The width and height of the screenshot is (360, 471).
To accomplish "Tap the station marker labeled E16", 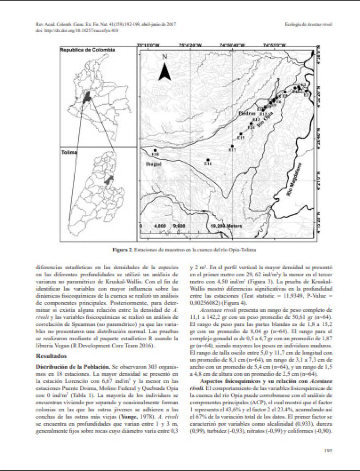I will coord(207,160).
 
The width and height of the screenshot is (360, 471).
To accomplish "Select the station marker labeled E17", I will coord(232,146).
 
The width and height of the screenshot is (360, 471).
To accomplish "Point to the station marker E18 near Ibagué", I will coord(155,150).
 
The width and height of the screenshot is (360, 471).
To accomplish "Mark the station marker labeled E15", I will coord(241,134).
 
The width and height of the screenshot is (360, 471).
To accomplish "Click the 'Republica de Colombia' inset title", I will coord(87,50).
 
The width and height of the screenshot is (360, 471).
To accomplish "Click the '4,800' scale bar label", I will coord(159,225).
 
